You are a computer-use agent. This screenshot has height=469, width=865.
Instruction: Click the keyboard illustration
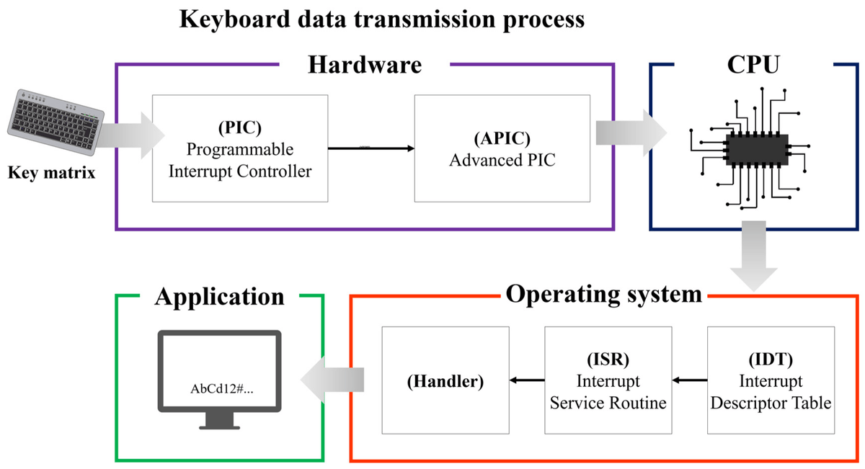(56, 122)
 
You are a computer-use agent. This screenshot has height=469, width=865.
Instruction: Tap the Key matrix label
(51, 172)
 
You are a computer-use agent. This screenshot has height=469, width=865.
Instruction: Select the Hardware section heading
(365, 64)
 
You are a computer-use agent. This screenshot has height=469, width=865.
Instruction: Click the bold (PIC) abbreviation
(240, 128)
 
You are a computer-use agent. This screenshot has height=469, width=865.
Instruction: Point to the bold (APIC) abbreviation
(502, 138)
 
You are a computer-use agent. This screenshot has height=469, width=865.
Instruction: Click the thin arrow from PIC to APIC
(371, 148)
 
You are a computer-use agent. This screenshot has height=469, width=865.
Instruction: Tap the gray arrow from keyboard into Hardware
(130, 135)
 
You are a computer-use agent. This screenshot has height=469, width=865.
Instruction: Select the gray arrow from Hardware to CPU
(631, 133)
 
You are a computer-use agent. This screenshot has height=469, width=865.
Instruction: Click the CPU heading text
(753, 64)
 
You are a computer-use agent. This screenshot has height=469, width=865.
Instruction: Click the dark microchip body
(757, 150)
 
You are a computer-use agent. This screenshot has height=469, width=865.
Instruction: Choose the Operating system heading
(603, 295)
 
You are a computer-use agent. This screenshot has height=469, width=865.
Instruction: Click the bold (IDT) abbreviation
(771, 359)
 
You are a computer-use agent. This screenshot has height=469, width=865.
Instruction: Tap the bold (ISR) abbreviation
(608, 359)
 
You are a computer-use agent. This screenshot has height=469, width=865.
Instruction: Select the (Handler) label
(445, 381)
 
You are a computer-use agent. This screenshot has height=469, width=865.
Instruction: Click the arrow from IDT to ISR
(690, 380)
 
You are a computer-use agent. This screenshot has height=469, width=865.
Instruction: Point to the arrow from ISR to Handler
(527, 380)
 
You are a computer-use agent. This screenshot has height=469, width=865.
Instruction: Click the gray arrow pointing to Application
(332, 380)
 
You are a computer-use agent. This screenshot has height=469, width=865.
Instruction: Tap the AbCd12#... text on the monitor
(222, 389)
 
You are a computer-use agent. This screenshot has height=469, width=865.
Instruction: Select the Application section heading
(219, 297)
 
